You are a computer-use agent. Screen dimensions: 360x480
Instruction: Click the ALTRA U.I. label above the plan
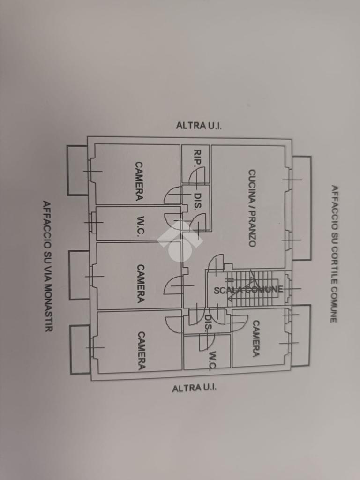point(199,125)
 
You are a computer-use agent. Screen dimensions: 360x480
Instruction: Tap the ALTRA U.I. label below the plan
point(195,388)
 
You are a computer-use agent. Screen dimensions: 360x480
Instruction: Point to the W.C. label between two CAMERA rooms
point(140,226)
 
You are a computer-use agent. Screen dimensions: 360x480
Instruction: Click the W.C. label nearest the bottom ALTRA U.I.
point(212,360)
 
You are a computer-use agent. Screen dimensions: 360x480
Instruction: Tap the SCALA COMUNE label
point(248,290)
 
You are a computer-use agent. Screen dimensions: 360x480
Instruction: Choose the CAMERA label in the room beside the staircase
point(256,338)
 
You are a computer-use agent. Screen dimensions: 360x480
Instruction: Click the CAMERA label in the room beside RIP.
point(139,181)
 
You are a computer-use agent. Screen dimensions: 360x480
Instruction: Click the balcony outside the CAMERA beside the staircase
point(302,335)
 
